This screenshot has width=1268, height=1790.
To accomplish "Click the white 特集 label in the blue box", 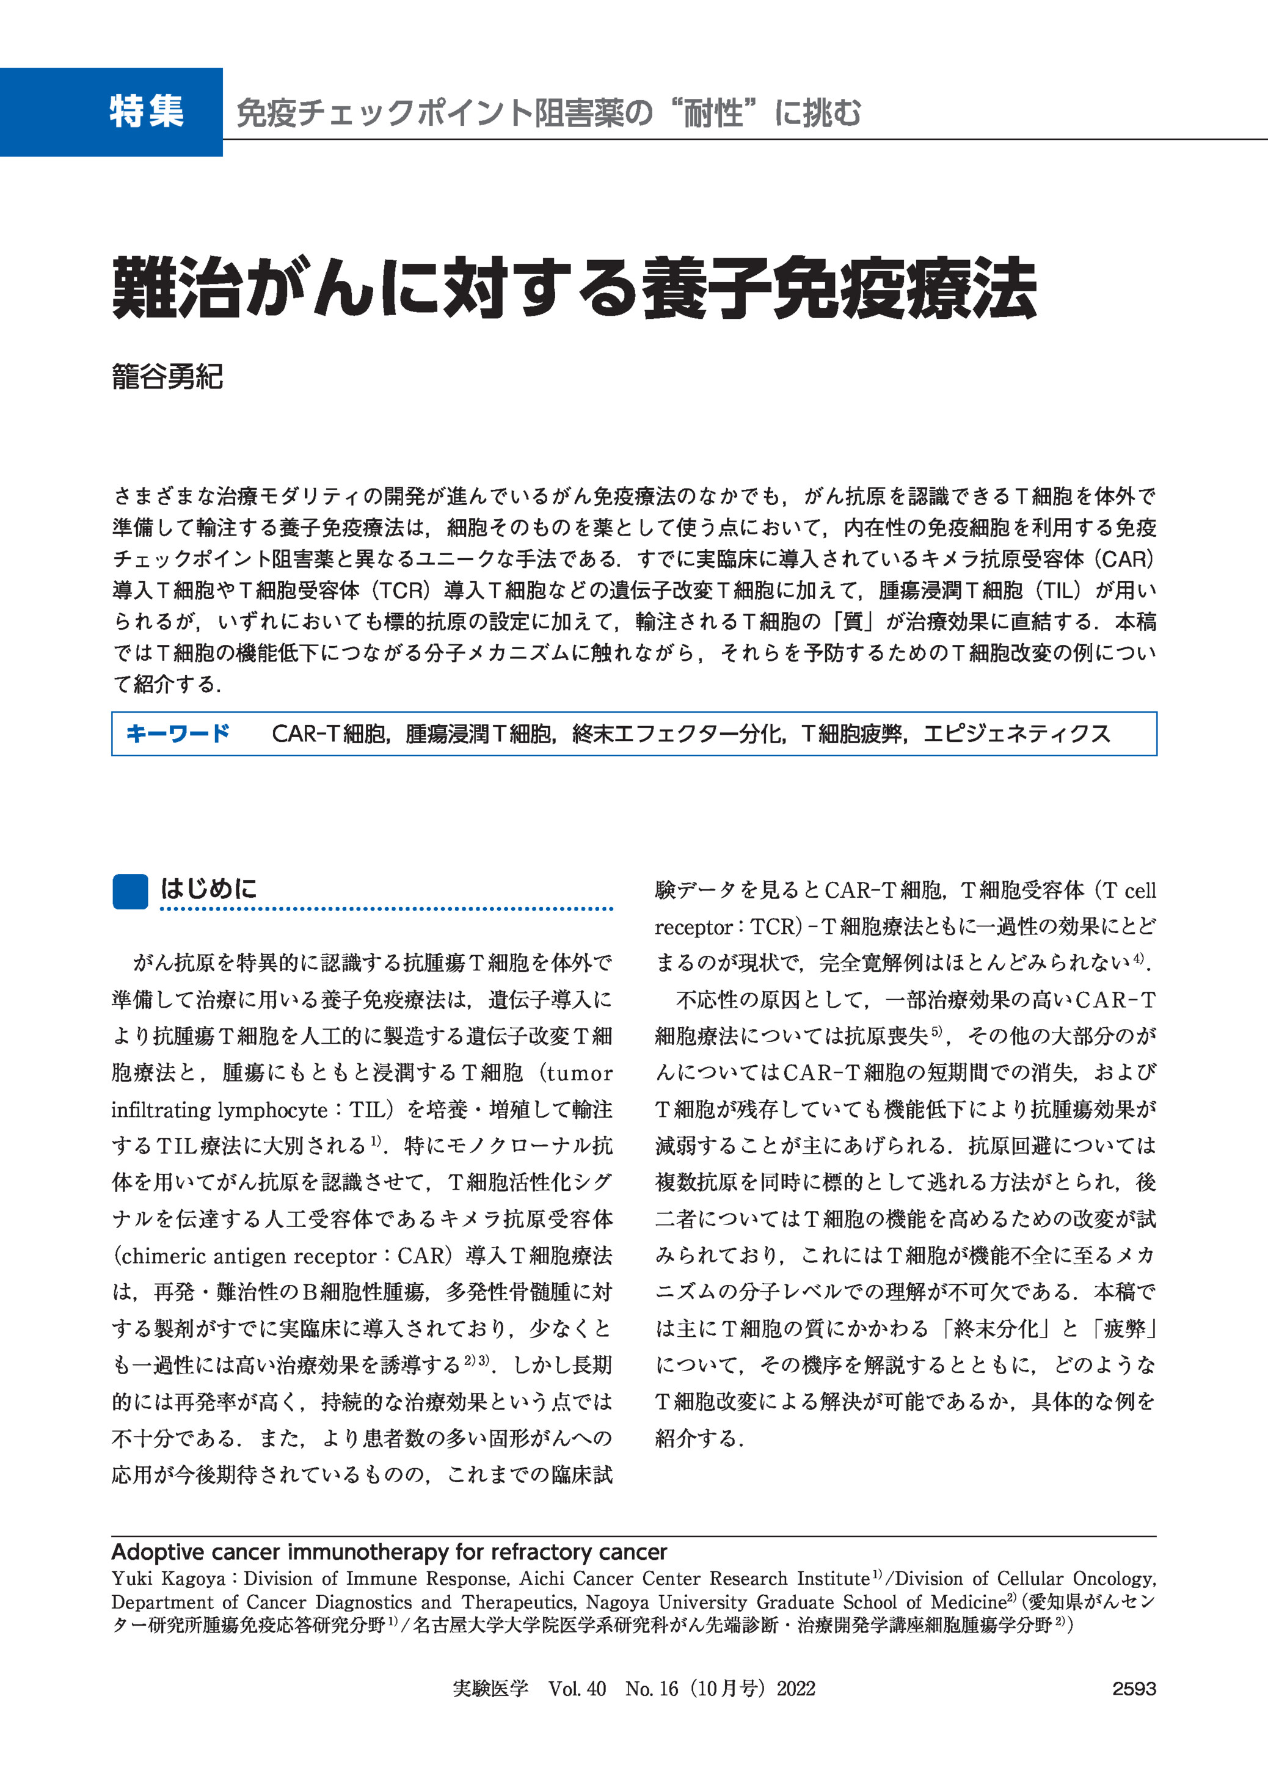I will pos(147,112).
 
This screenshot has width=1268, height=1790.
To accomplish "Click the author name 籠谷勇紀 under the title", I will pos(167,376).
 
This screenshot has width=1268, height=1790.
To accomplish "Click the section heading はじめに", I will pos(208,889).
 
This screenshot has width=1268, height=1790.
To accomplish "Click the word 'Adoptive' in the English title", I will pos(159,1551).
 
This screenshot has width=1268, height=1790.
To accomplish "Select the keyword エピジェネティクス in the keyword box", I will pos(1016,734).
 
